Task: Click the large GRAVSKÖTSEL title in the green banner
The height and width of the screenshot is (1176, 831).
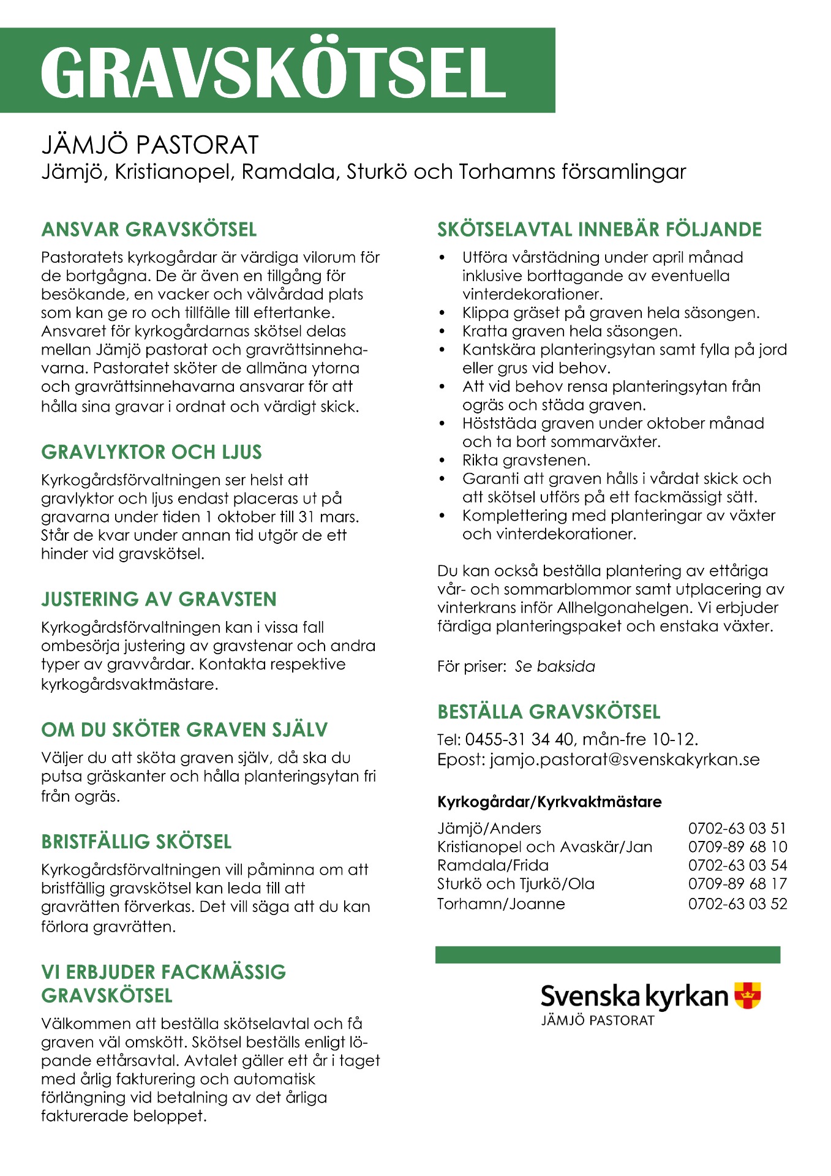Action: coord(273,72)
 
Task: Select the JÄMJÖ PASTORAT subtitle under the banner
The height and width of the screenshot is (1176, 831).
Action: coord(150,145)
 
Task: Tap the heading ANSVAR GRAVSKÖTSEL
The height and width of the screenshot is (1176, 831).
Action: coord(149,230)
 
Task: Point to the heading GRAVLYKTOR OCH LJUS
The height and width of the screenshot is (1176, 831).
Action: coord(151,452)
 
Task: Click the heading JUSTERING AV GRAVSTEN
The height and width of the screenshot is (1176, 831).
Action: coord(159,599)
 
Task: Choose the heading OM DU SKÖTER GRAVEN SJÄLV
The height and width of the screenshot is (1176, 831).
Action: coord(184,729)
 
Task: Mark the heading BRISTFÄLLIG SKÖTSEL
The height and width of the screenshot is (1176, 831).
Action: coord(137,842)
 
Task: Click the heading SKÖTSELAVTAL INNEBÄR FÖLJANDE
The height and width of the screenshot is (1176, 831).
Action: coord(599,230)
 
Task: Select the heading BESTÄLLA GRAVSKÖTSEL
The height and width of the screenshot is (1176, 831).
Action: coord(549,712)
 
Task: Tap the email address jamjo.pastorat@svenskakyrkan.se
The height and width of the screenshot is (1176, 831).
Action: coord(625,759)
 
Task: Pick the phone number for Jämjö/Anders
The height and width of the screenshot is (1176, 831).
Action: coord(737,829)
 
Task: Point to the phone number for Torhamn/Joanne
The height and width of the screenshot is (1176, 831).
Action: coord(737,903)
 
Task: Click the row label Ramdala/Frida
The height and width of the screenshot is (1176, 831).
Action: coord(493,865)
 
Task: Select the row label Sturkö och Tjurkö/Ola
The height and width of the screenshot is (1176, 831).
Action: coord(516,884)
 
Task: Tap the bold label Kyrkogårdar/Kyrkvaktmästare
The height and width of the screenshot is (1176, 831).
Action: coord(549,802)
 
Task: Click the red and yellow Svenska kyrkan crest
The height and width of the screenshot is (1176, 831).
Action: coord(747,995)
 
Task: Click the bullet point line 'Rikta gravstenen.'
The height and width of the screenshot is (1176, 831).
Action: coord(526,460)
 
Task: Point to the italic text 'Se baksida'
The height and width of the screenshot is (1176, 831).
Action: coord(555,666)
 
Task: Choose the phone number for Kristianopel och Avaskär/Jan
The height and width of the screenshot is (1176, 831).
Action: coord(737,847)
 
